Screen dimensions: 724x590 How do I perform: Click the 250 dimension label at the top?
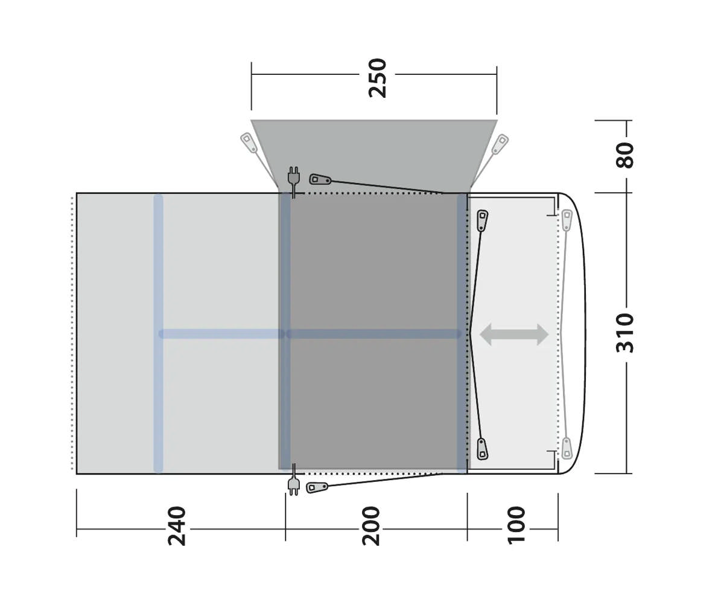[377, 79]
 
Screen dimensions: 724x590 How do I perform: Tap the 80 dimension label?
[624, 155]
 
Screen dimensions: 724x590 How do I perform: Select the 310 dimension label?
[624, 333]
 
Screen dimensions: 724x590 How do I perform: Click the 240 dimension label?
[177, 527]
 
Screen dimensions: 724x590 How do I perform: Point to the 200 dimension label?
[370, 527]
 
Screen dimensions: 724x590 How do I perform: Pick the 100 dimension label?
[516, 526]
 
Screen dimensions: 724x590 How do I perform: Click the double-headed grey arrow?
[513, 335]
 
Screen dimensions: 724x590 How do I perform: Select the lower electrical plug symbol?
[293, 480]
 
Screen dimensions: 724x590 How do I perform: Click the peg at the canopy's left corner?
[249, 143]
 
